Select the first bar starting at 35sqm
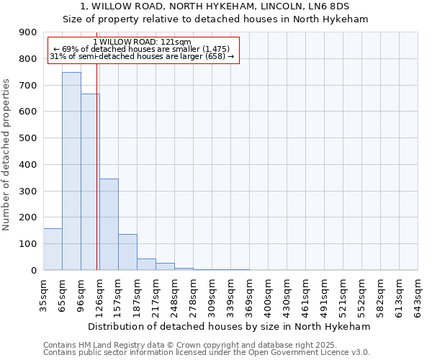point(53,249)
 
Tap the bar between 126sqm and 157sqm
point(109,224)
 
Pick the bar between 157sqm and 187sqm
point(127,252)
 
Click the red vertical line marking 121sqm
point(96,180)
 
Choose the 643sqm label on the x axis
point(418,294)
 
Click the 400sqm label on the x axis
point(268,294)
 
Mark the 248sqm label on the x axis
point(174,294)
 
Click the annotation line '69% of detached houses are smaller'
point(142,49)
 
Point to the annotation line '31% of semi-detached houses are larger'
point(142,56)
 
